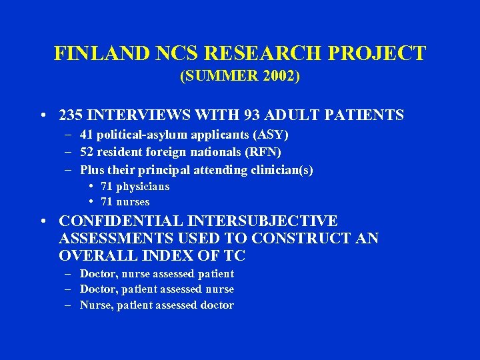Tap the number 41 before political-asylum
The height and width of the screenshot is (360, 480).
(88, 135)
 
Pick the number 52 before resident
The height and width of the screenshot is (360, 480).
(88, 153)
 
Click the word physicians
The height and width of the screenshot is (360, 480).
(143, 187)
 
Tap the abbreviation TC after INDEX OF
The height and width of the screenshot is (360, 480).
(235, 256)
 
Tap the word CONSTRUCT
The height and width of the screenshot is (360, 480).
(304, 239)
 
